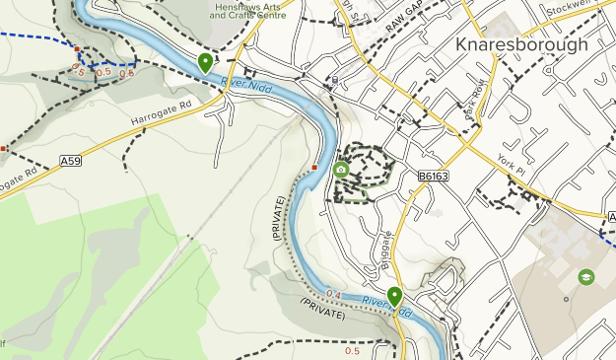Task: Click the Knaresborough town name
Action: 521,44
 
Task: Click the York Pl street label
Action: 513,169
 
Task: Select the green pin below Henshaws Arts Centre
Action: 205,62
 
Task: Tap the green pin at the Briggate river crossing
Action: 394,295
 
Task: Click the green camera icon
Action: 341,170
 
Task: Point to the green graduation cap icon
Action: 586,277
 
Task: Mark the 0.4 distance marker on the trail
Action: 333,294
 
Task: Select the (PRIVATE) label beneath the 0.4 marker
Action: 323,314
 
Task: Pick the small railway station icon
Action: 335,80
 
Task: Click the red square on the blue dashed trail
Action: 77,46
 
